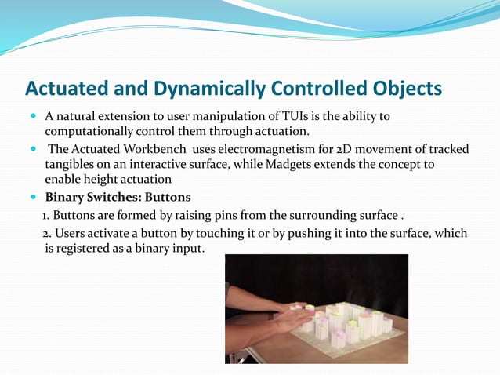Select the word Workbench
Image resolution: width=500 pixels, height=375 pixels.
(154, 151)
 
